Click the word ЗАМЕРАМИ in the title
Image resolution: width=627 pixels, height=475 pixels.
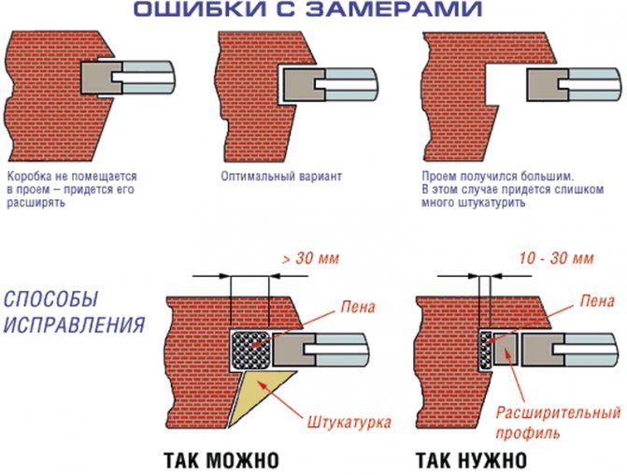click(394, 8)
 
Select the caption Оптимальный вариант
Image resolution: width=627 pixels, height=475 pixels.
click(281, 176)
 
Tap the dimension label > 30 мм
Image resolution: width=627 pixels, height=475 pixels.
click(310, 258)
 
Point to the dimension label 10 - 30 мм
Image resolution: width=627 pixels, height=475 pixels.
click(556, 258)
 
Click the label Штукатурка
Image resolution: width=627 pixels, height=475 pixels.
click(349, 423)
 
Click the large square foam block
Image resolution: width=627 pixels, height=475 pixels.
click(250, 350)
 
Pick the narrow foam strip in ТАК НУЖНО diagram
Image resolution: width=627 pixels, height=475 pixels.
click(485, 350)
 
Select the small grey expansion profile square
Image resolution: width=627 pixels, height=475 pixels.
click(506, 349)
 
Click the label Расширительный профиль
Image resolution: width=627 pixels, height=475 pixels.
click(558, 423)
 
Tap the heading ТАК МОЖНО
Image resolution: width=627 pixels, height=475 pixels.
click(221, 461)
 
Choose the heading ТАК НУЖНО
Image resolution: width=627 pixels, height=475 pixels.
click(472, 461)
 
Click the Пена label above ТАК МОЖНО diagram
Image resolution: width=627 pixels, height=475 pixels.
click(358, 307)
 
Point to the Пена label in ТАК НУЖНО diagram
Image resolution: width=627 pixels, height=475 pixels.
click(597, 301)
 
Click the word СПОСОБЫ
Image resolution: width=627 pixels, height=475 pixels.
click(50, 299)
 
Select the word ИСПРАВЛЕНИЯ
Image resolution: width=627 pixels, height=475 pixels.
click(74, 324)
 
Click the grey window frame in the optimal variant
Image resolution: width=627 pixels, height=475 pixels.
click(303, 84)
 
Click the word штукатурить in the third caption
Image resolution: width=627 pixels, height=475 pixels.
click(492, 203)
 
